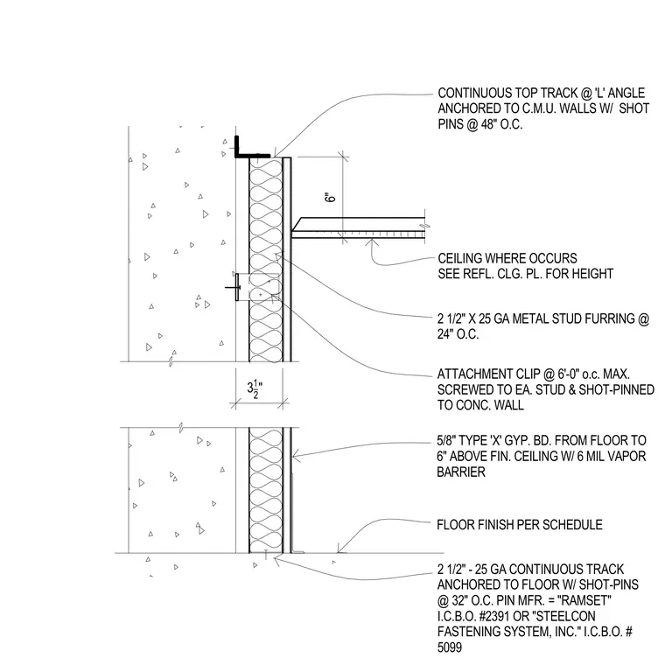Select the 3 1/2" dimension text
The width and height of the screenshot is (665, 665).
pos(255,389)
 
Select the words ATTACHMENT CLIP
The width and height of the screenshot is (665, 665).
pos(486,374)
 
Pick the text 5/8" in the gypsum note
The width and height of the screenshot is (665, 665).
pos(446,441)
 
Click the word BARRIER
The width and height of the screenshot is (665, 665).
pos(461,472)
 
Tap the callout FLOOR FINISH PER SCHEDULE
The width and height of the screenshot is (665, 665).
pos(520,525)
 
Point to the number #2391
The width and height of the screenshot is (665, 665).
pos(488,616)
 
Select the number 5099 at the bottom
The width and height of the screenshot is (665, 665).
pos(450,647)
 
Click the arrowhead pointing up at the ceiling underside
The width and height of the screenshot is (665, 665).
pos(372,242)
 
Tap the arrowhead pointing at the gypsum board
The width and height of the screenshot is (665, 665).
pos(297,457)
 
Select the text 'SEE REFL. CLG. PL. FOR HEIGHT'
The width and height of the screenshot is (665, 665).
pos(526,274)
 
